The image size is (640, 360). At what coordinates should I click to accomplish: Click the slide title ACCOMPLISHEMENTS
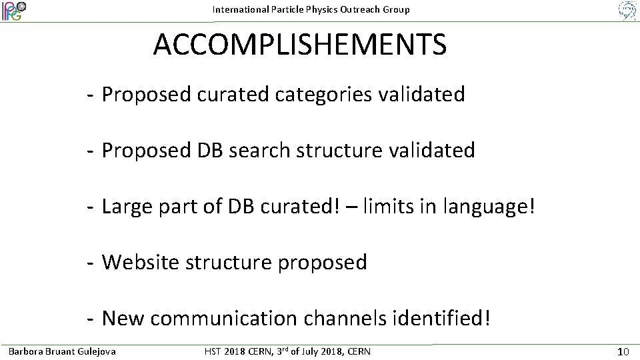point(299,45)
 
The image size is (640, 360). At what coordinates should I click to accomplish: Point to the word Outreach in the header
point(362,9)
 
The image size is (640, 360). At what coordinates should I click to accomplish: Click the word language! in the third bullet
point(489,207)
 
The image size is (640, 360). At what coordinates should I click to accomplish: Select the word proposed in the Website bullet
point(322,263)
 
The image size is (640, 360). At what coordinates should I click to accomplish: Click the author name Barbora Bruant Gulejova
point(61,351)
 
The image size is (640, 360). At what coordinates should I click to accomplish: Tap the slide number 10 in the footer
point(623,351)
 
